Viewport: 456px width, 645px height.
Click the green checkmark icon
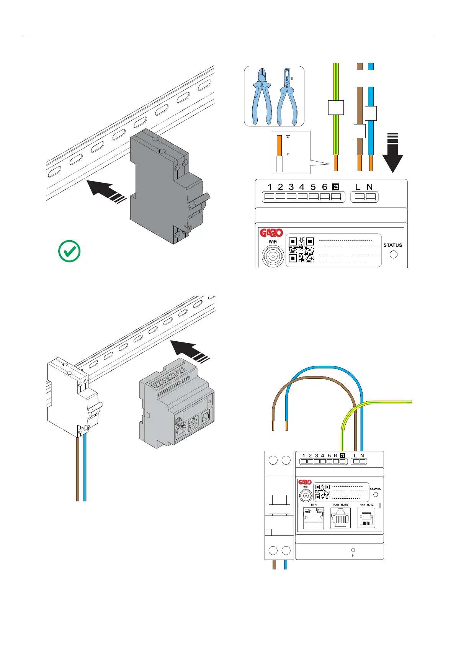69,251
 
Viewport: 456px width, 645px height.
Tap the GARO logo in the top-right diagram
271,233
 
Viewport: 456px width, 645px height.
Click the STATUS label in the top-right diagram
392,245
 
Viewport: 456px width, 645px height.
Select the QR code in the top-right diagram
301,249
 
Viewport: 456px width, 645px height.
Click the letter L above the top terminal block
358,187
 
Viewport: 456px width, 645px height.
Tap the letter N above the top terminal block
369,187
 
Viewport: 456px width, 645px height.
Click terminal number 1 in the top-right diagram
270,187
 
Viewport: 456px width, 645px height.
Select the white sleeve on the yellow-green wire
336,108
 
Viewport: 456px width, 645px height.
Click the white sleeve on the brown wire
359,131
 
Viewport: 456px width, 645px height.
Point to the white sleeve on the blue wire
371,113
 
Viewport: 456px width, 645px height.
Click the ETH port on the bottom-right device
313,518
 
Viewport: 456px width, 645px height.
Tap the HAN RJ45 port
340,518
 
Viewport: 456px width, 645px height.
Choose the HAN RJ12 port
366,518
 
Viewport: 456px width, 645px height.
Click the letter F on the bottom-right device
353,555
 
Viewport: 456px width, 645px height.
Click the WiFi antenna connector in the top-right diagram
273,256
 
